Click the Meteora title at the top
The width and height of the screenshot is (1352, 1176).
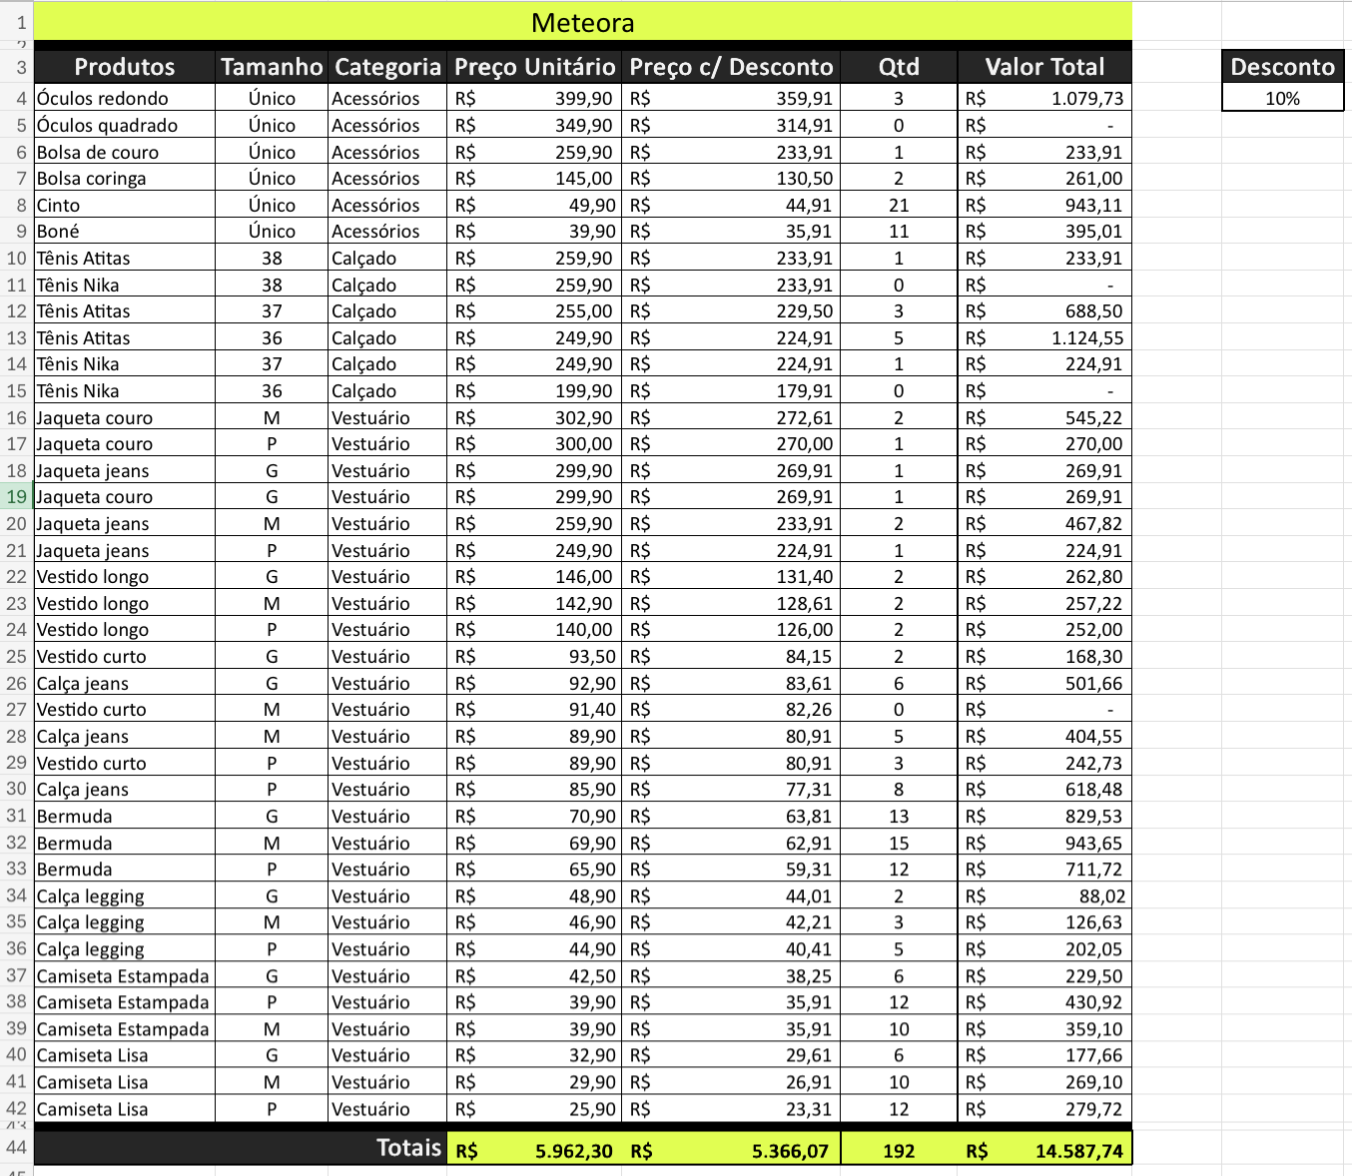582,23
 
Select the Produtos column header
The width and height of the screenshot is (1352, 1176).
125,67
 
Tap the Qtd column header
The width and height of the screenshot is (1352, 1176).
899,67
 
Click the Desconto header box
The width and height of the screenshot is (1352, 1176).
1282,67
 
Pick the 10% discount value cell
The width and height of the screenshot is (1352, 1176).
1282,99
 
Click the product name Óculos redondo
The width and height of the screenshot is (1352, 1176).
103,99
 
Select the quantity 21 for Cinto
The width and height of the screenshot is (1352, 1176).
899,205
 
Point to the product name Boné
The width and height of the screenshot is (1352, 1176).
58,232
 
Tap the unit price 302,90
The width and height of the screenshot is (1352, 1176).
584,418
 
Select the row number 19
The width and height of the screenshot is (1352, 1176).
17,497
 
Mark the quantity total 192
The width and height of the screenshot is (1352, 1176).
899,1151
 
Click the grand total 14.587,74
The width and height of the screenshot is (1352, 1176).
1078,1151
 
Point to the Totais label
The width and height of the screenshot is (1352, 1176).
408,1148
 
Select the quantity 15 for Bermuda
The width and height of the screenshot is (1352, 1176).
899,844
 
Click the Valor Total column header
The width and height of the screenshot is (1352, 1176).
1044,67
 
